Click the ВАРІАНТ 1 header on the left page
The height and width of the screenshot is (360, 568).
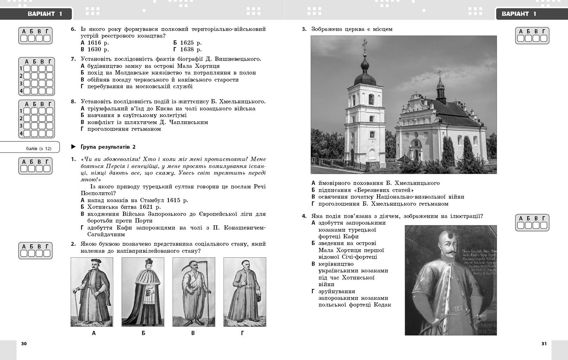pyautogui.click(x=45, y=14)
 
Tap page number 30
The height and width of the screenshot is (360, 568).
pyautogui.click(x=24, y=344)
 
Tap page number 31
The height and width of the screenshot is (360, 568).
pyautogui.click(x=544, y=344)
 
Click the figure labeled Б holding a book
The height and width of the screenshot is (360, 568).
pyautogui.click(x=143, y=292)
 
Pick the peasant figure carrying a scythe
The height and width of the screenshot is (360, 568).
pyautogui.click(x=193, y=292)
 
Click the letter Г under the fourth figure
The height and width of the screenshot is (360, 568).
pyautogui.click(x=242, y=333)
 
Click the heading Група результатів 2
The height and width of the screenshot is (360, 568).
pyautogui.click(x=108, y=147)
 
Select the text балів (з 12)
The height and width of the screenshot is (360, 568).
pyautogui.click(x=39, y=148)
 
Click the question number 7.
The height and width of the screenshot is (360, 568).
pyautogui.click(x=73, y=59)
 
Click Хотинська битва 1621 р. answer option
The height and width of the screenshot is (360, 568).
pyautogui.click(x=124, y=207)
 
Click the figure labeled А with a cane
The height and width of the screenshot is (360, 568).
pyautogui.click(x=92, y=292)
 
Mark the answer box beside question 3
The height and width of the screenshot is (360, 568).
pyautogui.click(x=532, y=36)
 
